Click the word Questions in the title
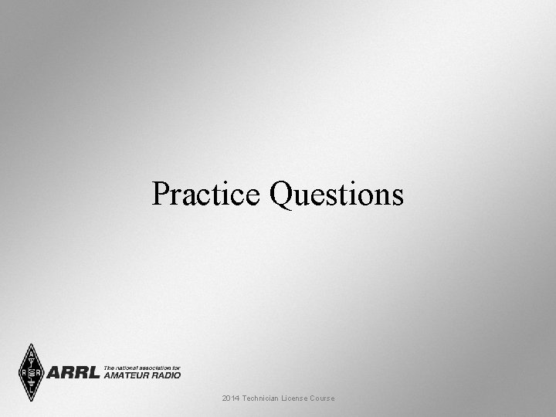336,194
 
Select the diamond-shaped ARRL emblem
31,372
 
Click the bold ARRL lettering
73,373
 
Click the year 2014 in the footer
230,398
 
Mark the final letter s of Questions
397,194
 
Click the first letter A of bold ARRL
55,373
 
